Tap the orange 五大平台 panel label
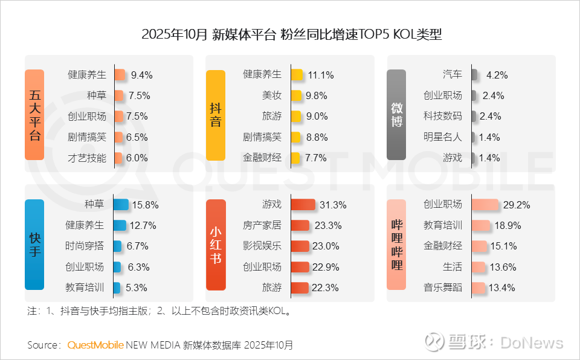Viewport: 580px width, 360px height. coord(34,115)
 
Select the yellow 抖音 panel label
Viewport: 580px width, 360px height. coord(216,115)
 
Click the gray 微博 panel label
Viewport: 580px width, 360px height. coord(396,115)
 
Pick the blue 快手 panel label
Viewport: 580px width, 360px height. coord(34,244)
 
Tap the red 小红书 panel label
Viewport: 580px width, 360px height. coord(216,244)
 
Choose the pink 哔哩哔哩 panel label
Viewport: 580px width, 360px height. coord(396,244)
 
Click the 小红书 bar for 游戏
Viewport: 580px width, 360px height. coord(303,205)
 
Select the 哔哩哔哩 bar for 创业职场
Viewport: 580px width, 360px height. coord(485,205)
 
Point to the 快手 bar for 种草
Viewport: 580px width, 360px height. coord(120,205)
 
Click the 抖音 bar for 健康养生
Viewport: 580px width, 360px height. coord(297,75)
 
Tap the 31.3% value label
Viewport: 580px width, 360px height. coord(332,205)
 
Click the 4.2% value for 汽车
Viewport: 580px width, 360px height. coord(497,76)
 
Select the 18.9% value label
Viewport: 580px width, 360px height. coord(507,226)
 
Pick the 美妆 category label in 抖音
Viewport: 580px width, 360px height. coord(271,95)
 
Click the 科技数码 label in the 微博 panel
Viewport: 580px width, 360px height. coord(443,116)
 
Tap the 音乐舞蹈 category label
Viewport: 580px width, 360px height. coord(443,288)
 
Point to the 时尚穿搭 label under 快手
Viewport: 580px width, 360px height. coord(85,246)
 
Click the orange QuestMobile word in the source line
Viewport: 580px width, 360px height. coord(95,346)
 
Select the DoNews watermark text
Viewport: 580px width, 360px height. coord(532,343)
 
